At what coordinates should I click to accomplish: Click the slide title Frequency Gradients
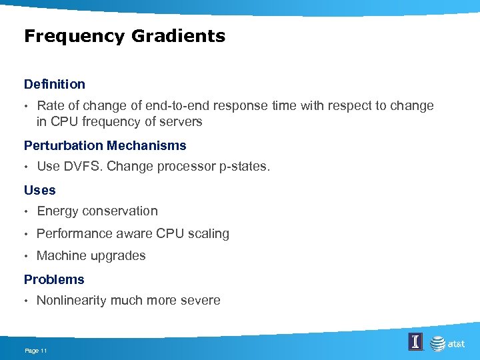click(x=125, y=36)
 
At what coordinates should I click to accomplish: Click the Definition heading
click(x=55, y=84)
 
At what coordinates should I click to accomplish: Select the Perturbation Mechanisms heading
click(x=105, y=145)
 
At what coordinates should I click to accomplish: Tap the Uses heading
click(x=40, y=190)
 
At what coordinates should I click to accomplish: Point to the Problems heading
click(x=54, y=279)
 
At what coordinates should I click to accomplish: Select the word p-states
click(x=244, y=167)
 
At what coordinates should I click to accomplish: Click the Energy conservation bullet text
click(x=97, y=211)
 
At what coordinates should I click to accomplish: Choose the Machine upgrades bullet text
click(x=91, y=256)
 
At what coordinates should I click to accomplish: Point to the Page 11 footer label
click(x=35, y=351)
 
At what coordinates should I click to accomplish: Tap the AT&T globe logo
click(x=437, y=344)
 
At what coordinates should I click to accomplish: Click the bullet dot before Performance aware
click(x=27, y=234)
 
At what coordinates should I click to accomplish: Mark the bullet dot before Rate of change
click(x=27, y=106)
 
